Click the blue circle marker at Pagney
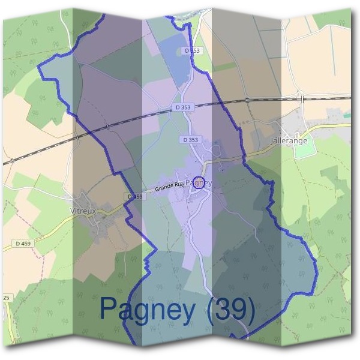tap(199, 183)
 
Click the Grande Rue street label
tap(169, 187)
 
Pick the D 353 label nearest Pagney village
tap(189, 139)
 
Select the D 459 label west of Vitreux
tap(23, 243)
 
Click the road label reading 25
tap(6, 298)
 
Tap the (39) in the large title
tap(231, 310)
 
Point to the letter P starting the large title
tap(109, 310)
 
